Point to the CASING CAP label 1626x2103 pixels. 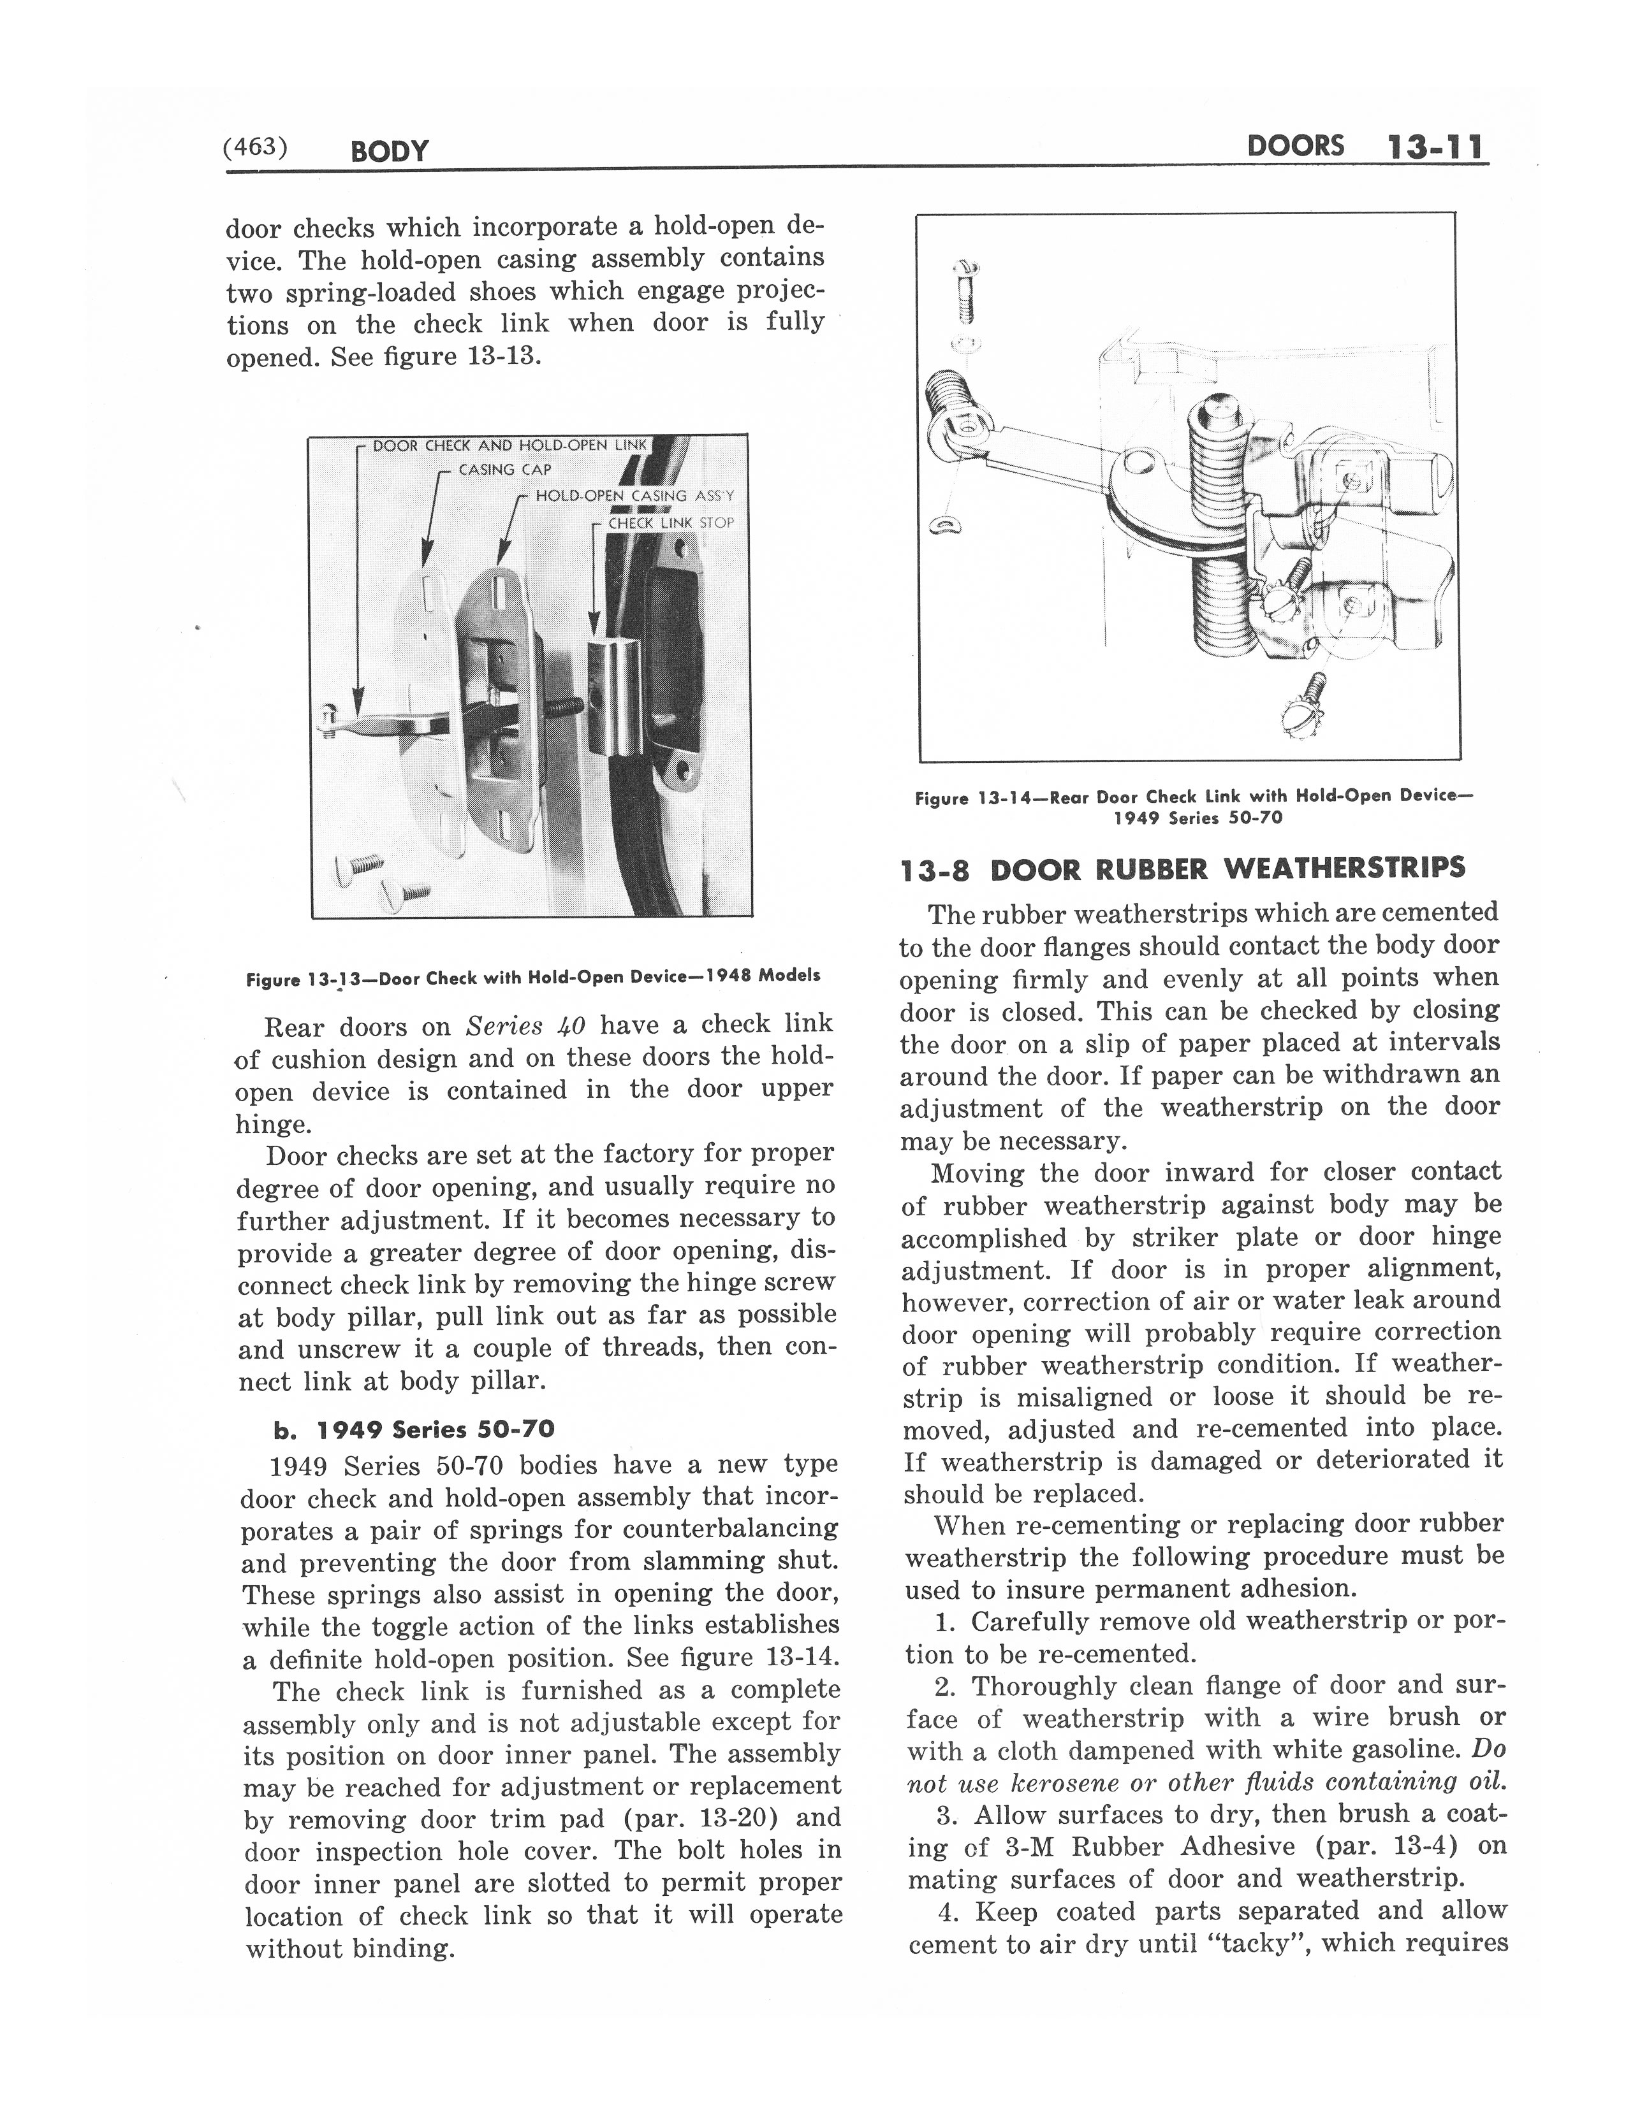click(505, 470)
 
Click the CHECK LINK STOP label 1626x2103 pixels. click(670, 523)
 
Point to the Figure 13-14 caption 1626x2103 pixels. click(1194, 806)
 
